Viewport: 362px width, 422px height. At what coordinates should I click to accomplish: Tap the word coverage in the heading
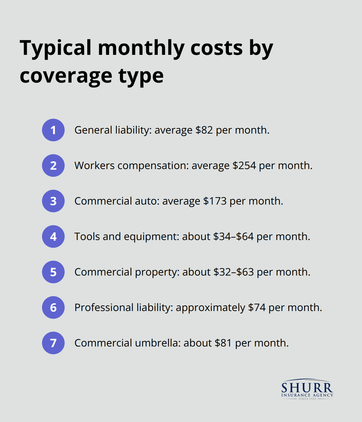coord(66,76)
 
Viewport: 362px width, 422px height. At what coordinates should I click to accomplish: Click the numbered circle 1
coord(53,130)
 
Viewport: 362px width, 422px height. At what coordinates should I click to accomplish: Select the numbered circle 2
coord(53,166)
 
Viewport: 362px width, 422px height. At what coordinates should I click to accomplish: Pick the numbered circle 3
coord(53,201)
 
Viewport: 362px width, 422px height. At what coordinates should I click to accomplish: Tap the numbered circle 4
coord(53,236)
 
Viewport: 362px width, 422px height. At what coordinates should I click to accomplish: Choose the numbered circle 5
coord(53,272)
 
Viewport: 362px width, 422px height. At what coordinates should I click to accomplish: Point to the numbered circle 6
coord(53,307)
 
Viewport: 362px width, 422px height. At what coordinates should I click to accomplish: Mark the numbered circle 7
coord(53,343)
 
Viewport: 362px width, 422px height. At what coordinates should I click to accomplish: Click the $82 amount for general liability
coord(204,130)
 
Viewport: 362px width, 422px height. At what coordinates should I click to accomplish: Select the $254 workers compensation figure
coord(244,166)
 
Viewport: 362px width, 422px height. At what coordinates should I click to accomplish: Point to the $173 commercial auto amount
coord(215,201)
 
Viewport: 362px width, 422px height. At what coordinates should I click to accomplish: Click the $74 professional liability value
coord(257,308)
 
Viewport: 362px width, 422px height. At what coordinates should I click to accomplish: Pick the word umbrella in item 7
coord(157,343)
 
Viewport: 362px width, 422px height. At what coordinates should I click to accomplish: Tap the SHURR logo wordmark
coord(307,387)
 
